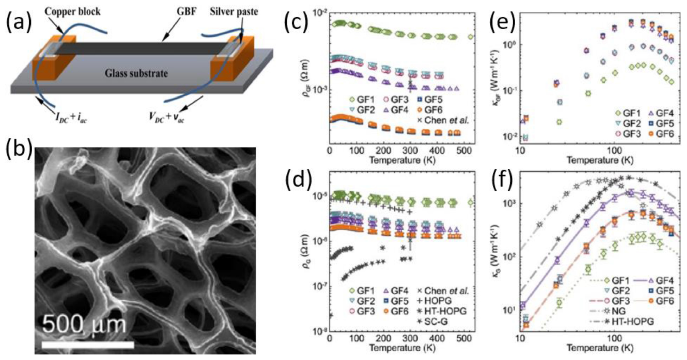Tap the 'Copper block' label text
(x=73, y=12)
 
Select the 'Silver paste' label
(x=233, y=12)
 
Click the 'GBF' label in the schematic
(x=187, y=12)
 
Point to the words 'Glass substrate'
(x=136, y=73)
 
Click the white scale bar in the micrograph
(x=87, y=345)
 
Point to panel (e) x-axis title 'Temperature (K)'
(x=600, y=160)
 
